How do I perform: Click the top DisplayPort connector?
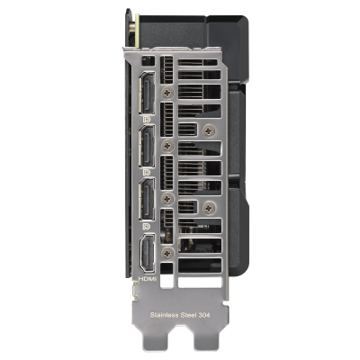point(147,93)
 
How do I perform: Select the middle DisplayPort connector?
point(147,146)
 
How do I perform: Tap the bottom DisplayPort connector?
point(147,199)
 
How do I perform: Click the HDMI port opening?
point(148,254)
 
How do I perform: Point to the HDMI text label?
point(148,279)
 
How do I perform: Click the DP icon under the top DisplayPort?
point(147,120)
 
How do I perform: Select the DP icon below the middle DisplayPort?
point(147,173)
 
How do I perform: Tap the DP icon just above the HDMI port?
point(147,226)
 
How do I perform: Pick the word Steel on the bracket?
point(190,315)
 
